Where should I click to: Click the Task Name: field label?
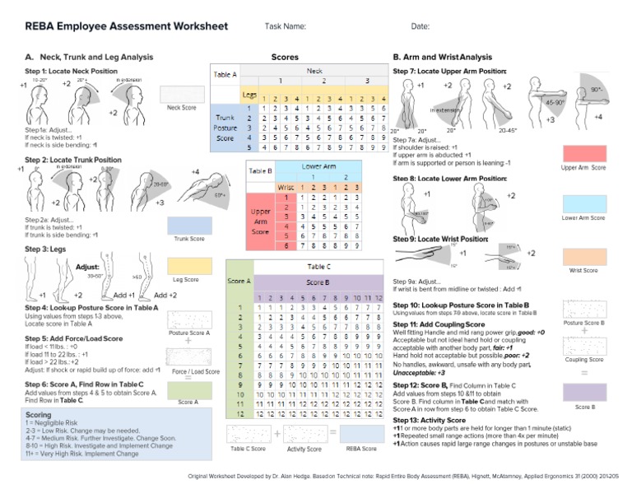tap(286, 27)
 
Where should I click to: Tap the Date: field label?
tap(420, 27)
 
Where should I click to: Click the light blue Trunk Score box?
tap(189, 225)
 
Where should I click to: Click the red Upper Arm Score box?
tap(584, 152)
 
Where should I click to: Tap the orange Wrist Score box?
tap(584, 255)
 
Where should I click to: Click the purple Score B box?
tap(584, 392)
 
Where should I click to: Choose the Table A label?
tap(225, 74)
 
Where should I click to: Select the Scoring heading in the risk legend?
tap(39, 414)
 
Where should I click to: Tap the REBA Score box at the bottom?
tap(361, 433)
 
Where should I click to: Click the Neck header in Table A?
tap(314, 72)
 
